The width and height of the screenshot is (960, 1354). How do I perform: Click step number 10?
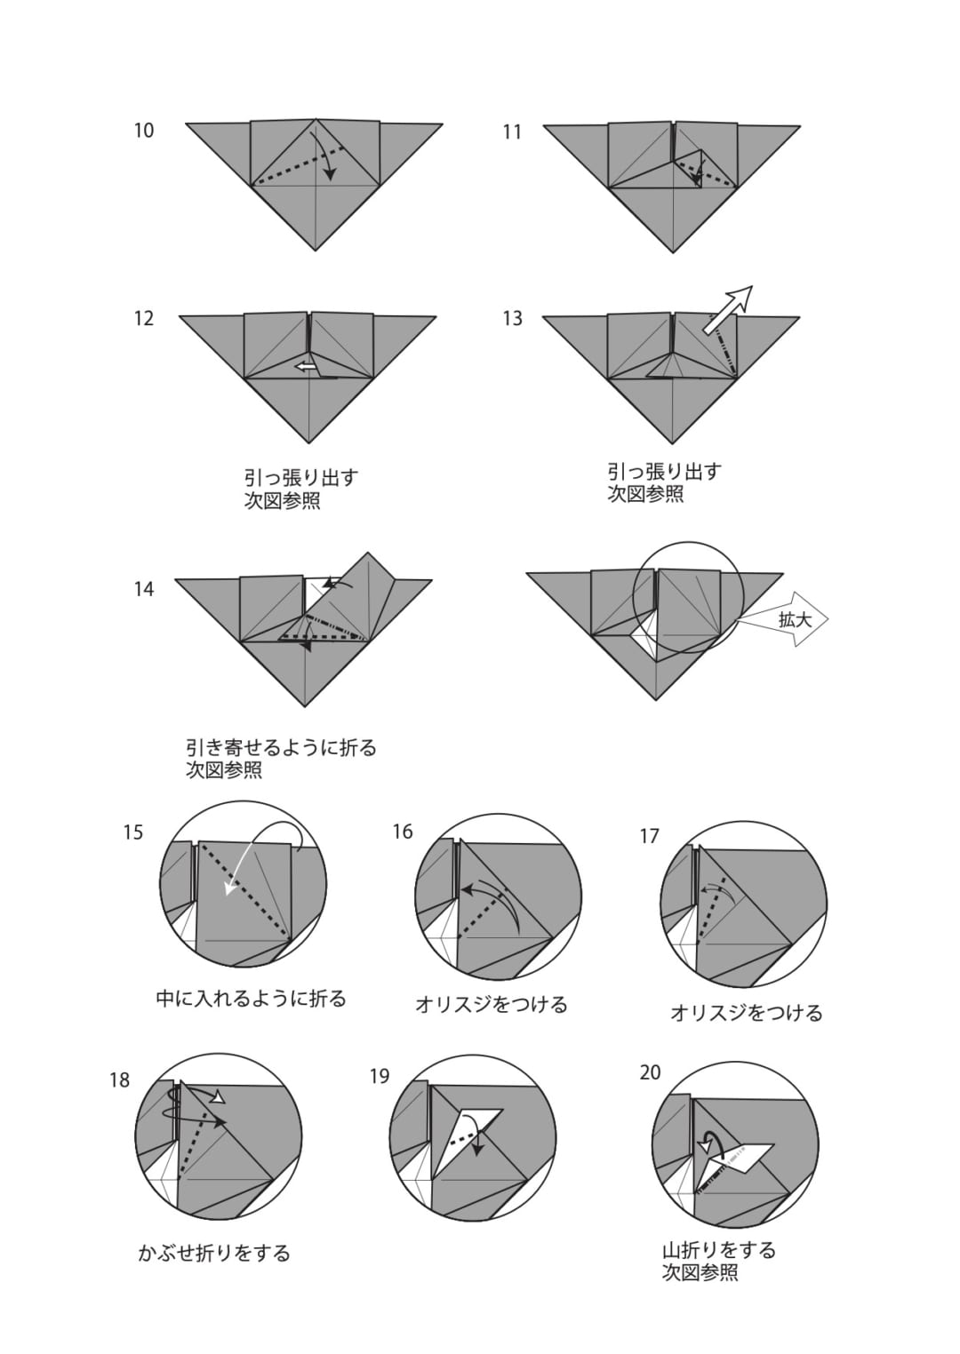point(144,131)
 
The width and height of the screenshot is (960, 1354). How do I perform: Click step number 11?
point(512,131)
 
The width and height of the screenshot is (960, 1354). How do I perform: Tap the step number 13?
point(512,319)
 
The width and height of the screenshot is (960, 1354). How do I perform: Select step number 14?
point(144,589)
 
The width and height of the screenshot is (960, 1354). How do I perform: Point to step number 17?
point(649,837)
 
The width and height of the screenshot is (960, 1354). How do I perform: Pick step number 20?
point(651,1073)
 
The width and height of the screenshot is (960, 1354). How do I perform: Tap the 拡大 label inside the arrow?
point(795,619)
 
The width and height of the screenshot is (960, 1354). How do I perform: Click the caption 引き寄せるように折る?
point(281,748)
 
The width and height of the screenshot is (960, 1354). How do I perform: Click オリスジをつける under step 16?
point(492,1005)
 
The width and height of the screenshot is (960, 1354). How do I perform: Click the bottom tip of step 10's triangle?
point(315,250)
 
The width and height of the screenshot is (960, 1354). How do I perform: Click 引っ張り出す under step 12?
point(301,477)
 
